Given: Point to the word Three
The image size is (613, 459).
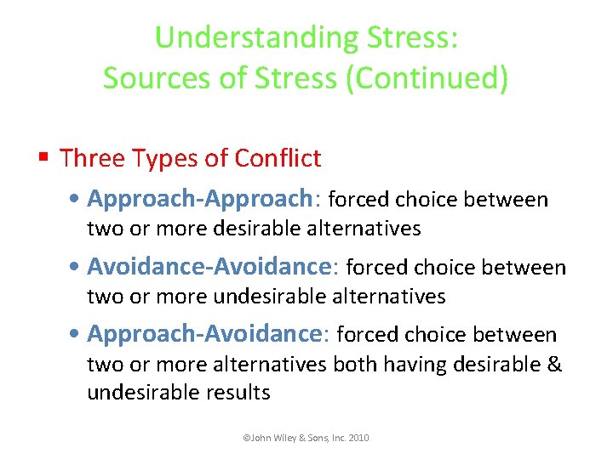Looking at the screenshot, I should click(92, 158).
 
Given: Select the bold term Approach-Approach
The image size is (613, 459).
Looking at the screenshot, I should click(200, 200).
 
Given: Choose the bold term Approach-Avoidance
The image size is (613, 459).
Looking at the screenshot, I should click(205, 334).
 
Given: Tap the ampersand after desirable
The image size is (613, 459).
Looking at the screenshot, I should click(554, 365).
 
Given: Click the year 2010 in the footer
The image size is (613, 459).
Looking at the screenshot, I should click(358, 438).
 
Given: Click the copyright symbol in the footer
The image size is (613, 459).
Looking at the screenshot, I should click(246, 438).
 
